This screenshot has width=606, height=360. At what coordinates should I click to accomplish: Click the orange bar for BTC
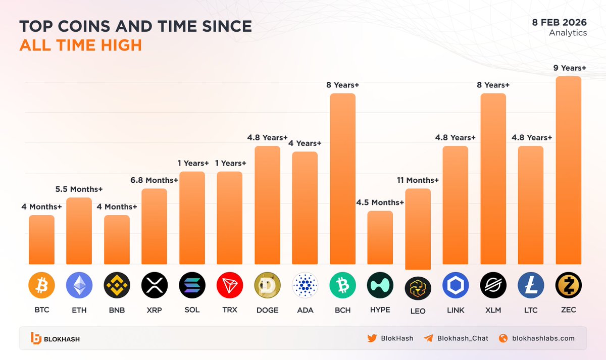(x=41, y=240)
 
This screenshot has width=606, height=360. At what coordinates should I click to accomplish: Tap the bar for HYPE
(x=380, y=237)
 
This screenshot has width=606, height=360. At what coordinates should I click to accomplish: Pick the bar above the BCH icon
(x=342, y=179)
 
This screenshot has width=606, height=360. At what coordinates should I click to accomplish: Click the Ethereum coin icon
(x=79, y=285)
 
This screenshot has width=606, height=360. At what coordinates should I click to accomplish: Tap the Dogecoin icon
(x=267, y=285)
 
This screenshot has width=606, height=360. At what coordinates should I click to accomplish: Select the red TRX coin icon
(x=230, y=285)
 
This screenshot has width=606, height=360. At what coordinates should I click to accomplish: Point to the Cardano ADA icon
(x=305, y=285)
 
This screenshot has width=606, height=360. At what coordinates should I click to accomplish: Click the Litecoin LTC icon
(x=530, y=285)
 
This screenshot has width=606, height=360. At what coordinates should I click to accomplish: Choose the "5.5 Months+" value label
(x=79, y=189)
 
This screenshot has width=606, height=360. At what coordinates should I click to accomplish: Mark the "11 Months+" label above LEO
(x=417, y=180)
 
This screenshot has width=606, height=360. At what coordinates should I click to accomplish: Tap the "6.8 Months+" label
(x=155, y=180)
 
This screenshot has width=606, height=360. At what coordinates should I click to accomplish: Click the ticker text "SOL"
(x=192, y=310)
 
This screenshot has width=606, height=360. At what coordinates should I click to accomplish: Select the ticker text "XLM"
(x=493, y=310)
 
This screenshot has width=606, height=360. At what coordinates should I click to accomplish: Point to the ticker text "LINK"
(x=455, y=310)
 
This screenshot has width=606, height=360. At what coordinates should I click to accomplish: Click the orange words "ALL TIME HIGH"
(x=80, y=45)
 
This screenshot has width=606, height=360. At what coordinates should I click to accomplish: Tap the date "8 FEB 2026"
(x=559, y=22)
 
